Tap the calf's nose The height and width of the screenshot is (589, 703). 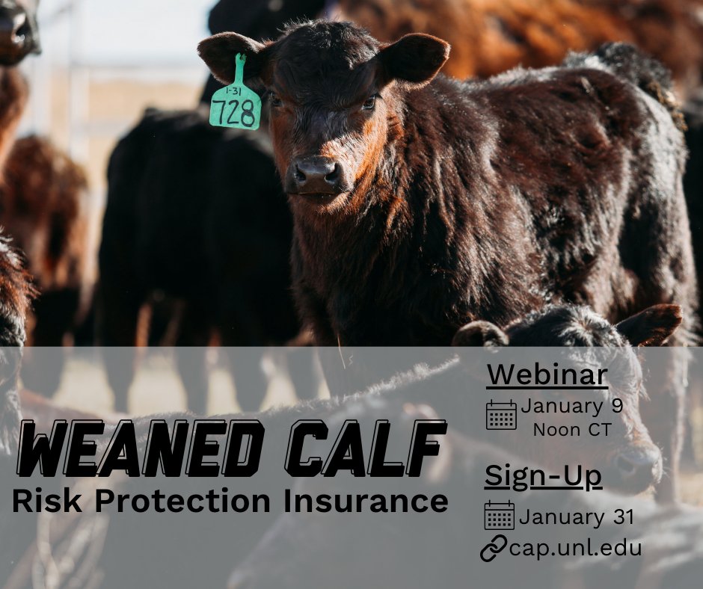coord(315,175)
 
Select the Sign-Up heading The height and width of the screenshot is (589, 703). coord(543,476)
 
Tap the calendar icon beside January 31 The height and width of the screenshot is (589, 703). coord(499,516)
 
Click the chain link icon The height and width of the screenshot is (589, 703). coord(493,548)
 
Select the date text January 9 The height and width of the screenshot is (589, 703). coord(572,407)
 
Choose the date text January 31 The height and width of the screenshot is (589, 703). coord(577,516)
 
